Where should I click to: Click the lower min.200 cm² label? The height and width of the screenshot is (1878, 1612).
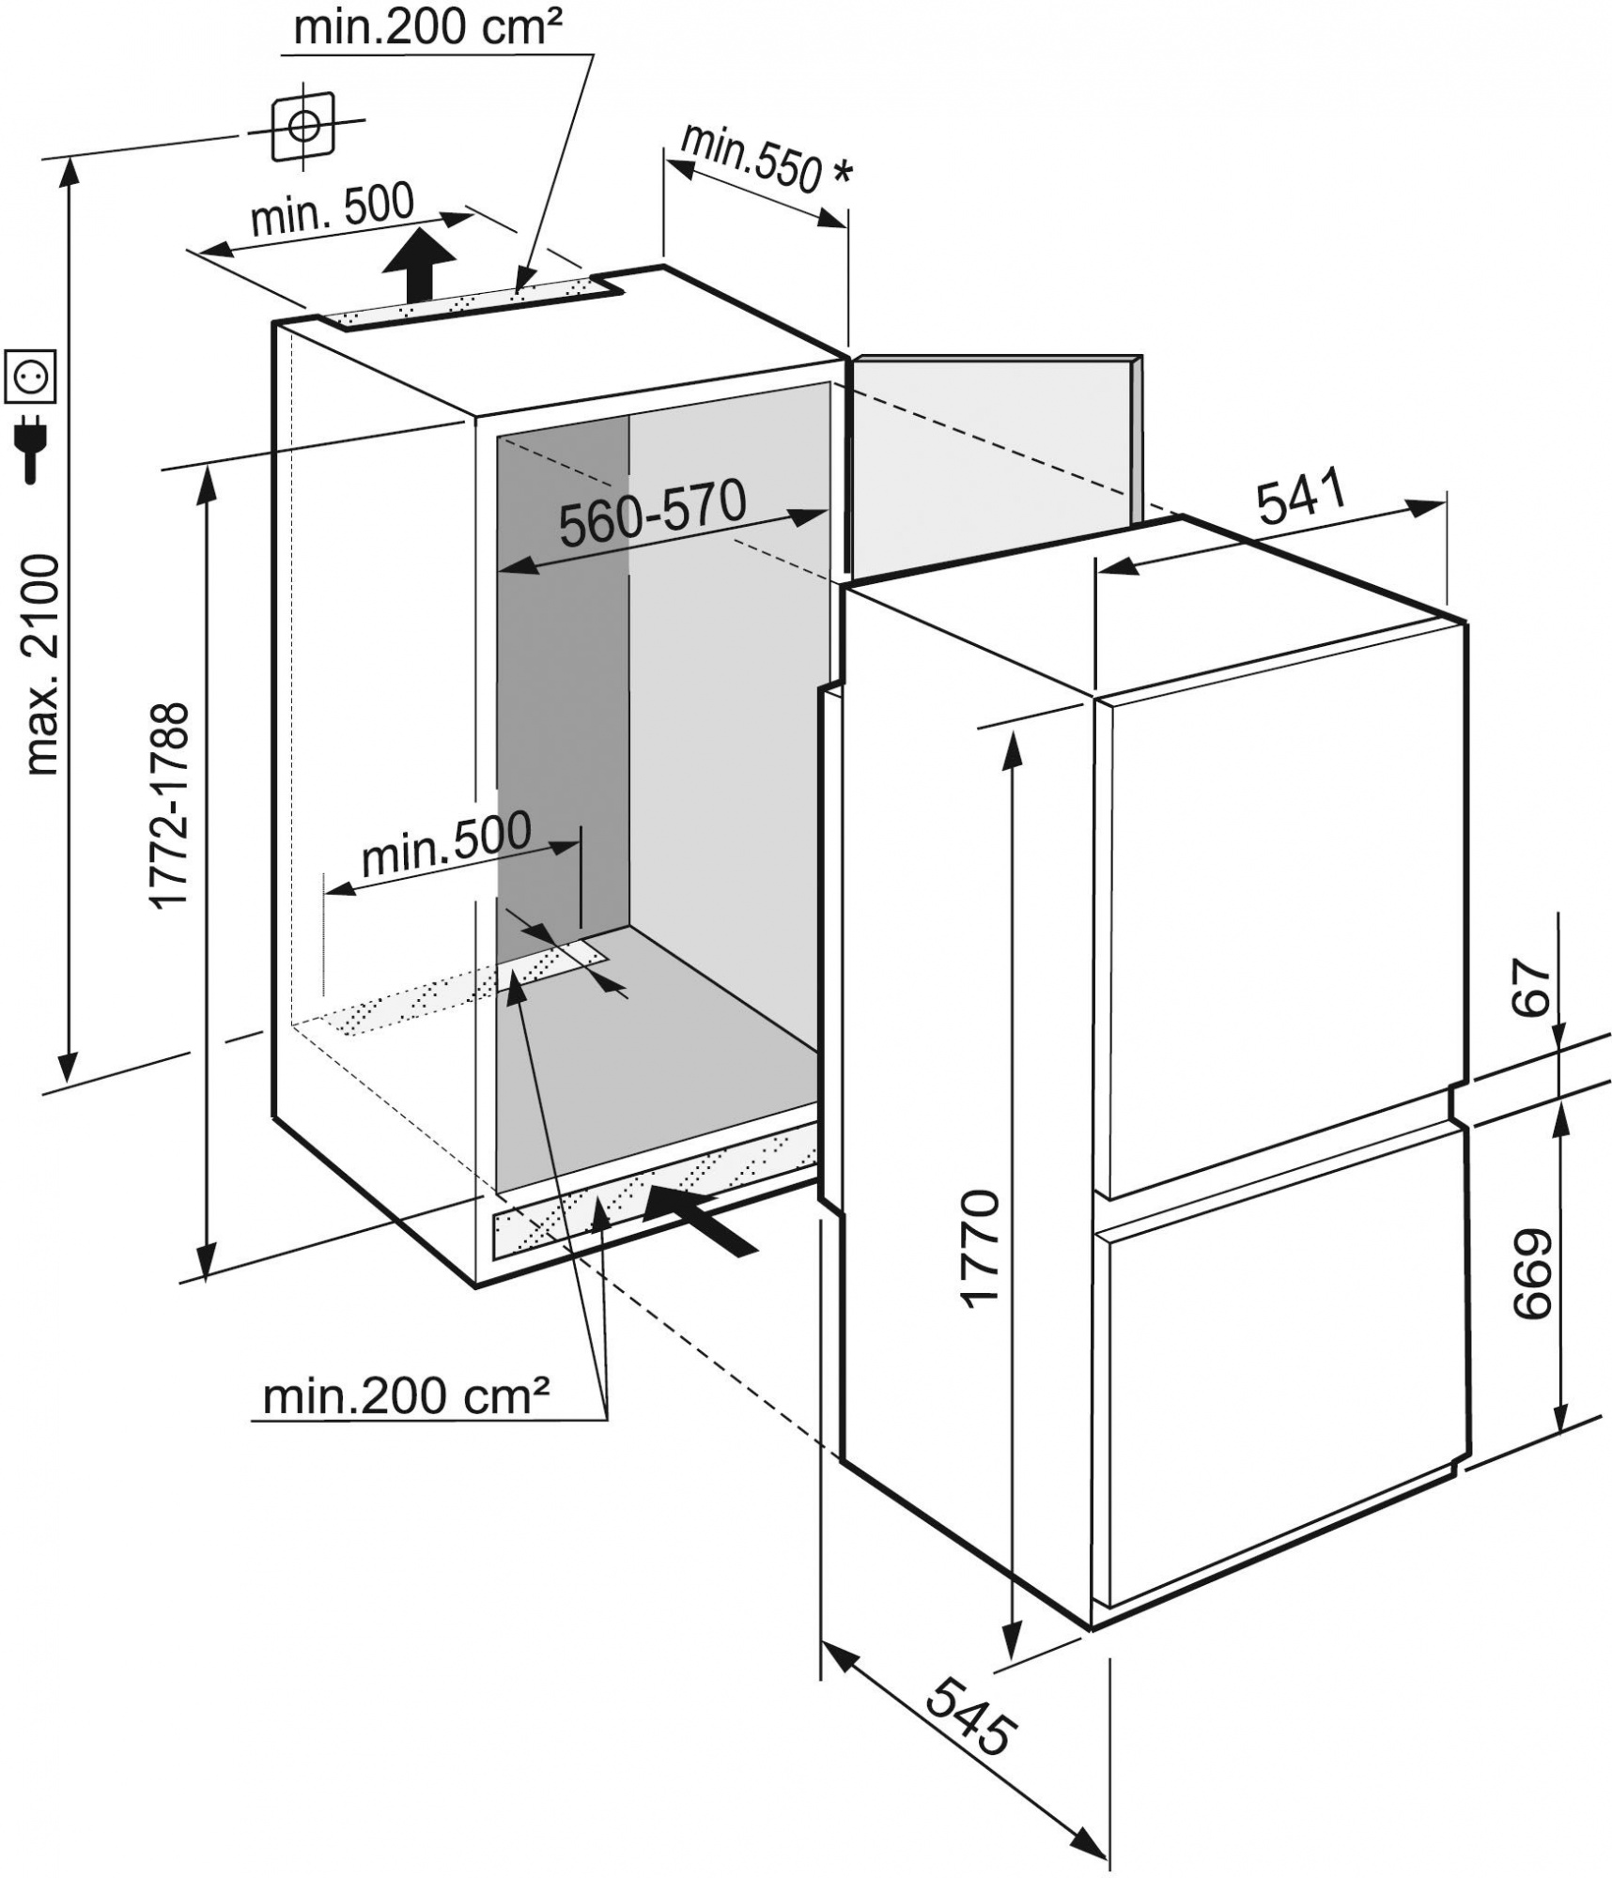(x=406, y=1423)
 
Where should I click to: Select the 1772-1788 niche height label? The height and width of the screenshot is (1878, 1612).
(x=171, y=806)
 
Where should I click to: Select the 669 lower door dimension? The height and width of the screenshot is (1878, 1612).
(x=1531, y=1272)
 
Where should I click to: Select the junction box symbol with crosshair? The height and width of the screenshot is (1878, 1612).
(x=302, y=126)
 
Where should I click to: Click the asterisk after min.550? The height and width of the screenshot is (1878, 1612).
(x=843, y=174)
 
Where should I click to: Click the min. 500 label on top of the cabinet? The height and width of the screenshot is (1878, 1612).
(x=333, y=212)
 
